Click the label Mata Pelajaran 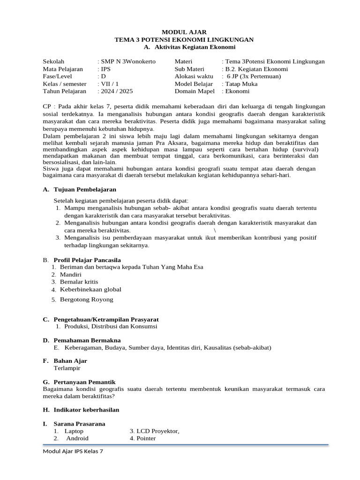coord(63,69)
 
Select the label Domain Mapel coord(195,91)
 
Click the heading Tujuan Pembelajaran coord(85,189)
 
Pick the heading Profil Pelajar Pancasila coord(87,260)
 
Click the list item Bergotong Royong coord(87,300)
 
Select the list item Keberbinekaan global coord(90,289)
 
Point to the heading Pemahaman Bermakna coord(87,340)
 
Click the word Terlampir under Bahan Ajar coord(67,368)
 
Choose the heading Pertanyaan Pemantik coord(84,382)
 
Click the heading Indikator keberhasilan coord(87,410)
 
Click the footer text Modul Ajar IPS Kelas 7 coord(73,451)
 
